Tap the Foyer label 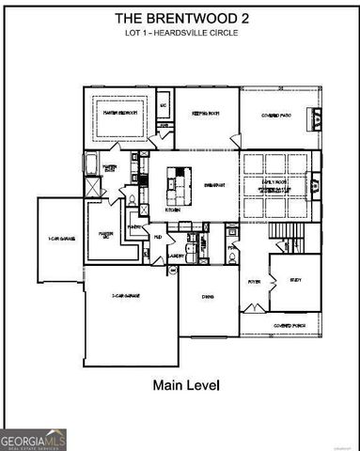tap(254, 280)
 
